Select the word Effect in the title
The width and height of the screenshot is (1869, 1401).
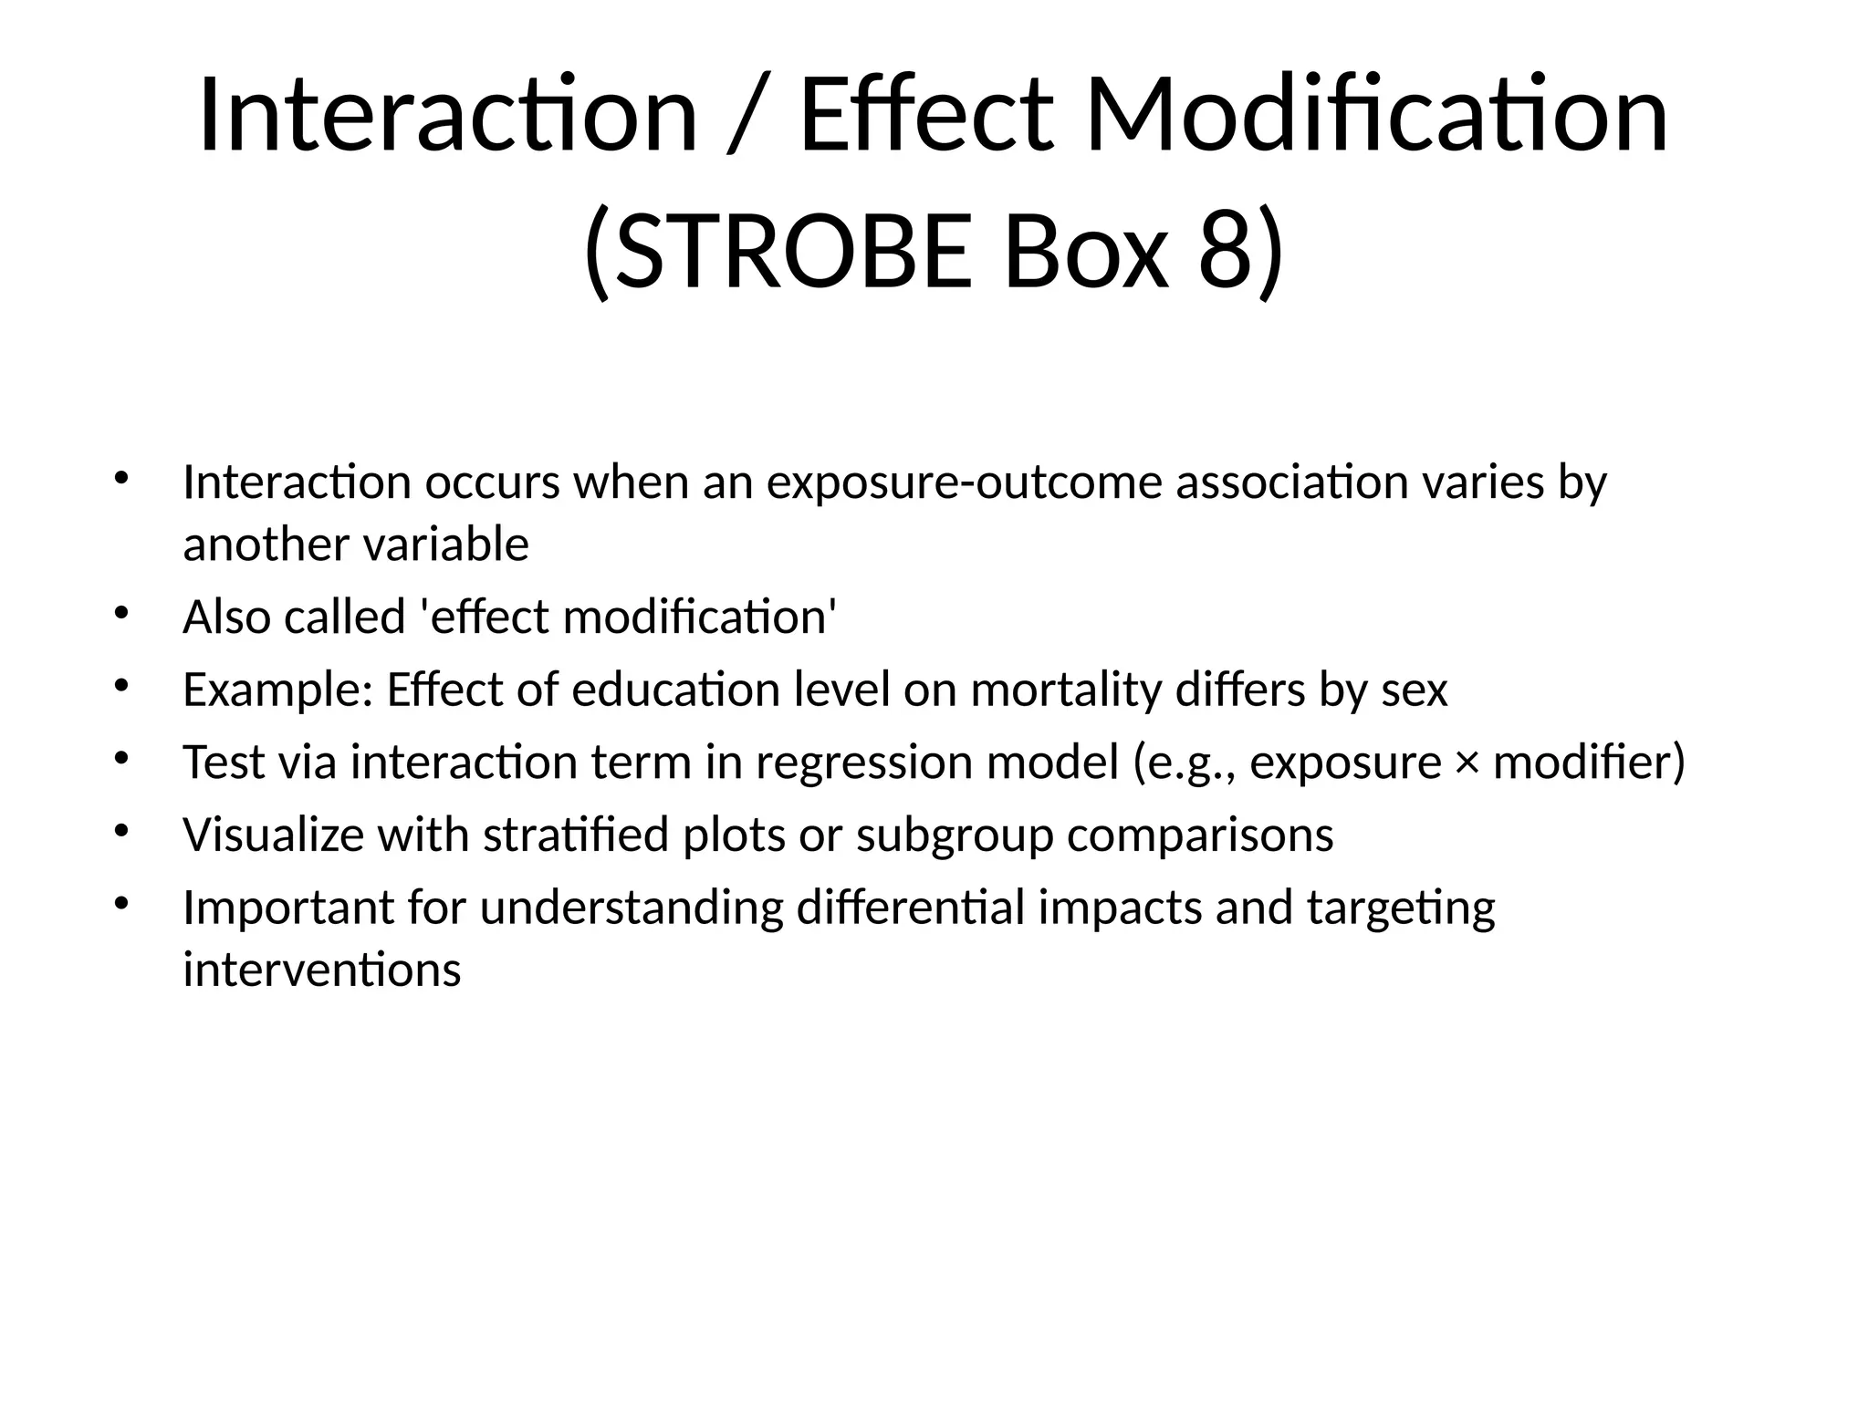tap(926, 117)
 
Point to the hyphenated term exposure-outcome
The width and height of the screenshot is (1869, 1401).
tap(964, 483)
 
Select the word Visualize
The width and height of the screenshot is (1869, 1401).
tap(273, 835)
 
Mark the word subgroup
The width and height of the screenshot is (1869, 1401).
tap(955, 835)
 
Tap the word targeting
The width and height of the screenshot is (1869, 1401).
tap(1401, 908)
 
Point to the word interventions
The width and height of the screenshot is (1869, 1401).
tap(321, 970)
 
